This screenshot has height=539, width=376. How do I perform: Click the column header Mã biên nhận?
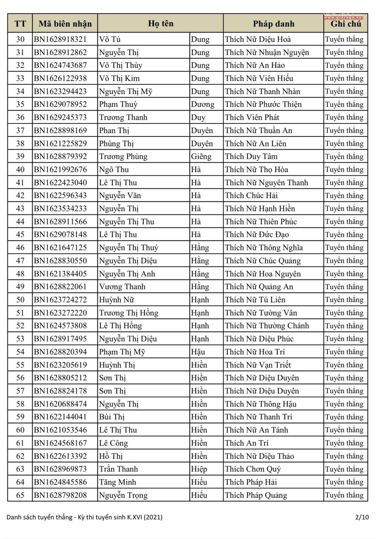pyautogui.click(x=65, y=24)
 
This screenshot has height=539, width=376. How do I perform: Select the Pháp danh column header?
pyautogui.click(x=273, y=24)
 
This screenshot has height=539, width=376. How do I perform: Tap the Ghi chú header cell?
pyautogui.click(x=346, y=24)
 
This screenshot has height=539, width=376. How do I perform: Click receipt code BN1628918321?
pyautogui.click(x=60, y=39)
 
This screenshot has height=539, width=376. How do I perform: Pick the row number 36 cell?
pyautogui.click(x=20, y=118)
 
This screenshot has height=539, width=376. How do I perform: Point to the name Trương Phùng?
pyautogui.click(x=123, y=156)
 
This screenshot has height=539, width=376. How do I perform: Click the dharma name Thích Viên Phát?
pyautogui.click(x=252, y=118)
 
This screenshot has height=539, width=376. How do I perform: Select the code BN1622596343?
pyautogui.click(x=60, y=195)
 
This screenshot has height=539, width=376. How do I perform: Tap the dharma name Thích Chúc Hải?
pyautogui.click(x=251, y=195)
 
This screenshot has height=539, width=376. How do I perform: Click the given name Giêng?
pyautogui.click(x=201, y=156)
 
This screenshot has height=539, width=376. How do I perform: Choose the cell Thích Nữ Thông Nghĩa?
pyautogui.click(x=264, y=248)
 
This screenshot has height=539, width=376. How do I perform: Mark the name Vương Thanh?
pyautogui.click(x=122, y=287)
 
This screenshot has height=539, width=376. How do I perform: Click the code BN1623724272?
pyautogui.click(x=60, y=300)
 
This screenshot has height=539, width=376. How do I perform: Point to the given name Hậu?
pyautogui.click(x=198, y=352)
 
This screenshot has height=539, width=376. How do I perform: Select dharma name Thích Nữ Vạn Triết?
pyautogui.click(x=258, y=365)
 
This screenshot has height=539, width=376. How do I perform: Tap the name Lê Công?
pyautogui.click(x=114, y=443)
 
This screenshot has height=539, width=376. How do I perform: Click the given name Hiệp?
pyautogui.click(x=199, y=469)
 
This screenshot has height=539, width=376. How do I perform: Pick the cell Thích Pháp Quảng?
pyautogui.click(x=256, y=495)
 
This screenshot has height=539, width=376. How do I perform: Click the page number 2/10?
pyautogui.click(x=362, y=517)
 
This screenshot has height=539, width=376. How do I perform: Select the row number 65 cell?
pyautogui.click(x=20, y=495)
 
